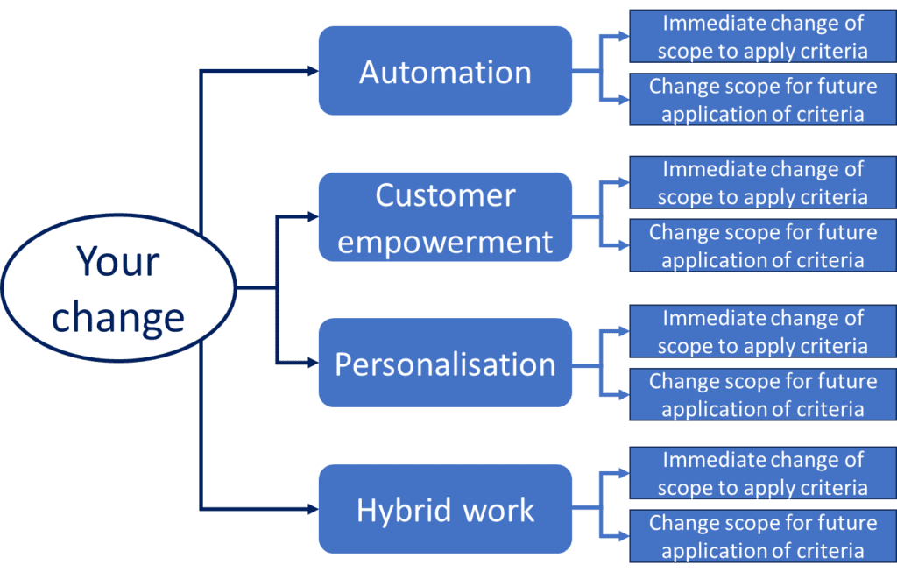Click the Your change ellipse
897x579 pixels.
click(118, 288)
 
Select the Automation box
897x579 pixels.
click(445, 71)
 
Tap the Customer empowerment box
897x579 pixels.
click(445, 217)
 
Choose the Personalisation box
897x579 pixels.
click(445, 364)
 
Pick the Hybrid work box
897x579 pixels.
click(445, 509)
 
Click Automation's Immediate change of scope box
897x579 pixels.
click(762, 37)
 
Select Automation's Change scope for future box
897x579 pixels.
click(762, 100)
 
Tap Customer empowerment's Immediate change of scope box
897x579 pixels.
click(762, 182)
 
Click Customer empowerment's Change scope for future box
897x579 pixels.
click(762, 246)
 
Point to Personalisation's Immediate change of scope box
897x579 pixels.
click(762, 331)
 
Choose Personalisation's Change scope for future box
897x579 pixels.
click(762, 395)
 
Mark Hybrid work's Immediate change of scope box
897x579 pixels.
click(762, 474)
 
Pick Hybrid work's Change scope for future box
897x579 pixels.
click(762, 537)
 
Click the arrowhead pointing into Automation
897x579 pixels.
click(312, 71)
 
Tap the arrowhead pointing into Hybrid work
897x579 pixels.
click(312, 508)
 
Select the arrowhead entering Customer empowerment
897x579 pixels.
click(312, 215)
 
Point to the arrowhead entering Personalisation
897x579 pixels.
click(312, 362)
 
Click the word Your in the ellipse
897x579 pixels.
click(117, 261)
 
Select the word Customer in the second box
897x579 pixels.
click(445, 195)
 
